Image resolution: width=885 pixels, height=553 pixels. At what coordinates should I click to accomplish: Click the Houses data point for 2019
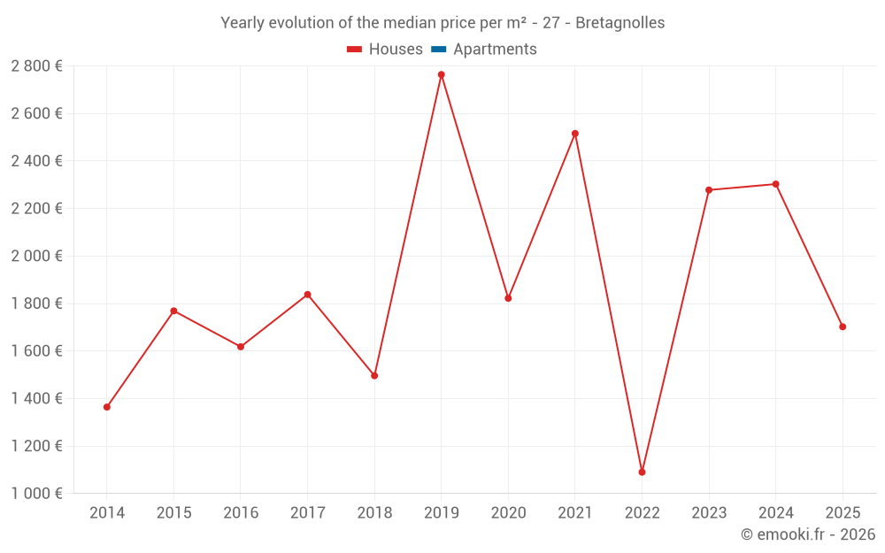(441, 74)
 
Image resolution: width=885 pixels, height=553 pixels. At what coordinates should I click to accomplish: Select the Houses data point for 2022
(642, 472)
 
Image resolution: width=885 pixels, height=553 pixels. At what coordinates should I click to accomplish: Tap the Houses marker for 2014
(107, 407)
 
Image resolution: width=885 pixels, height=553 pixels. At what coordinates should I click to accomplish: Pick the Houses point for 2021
(575, 134)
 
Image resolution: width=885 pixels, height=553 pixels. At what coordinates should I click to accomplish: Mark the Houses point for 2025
(843, 326)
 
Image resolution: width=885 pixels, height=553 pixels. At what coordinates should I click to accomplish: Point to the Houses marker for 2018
(374, 375)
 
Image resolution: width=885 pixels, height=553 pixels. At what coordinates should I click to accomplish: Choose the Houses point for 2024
(775, 184)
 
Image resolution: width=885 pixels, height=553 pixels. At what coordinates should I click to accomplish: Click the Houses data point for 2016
(241, 347)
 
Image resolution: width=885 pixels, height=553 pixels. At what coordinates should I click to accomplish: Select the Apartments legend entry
(495, 50)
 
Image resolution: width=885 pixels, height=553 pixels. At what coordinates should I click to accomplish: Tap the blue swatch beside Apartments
(438, 50)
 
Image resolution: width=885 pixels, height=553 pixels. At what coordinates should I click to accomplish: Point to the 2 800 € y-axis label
(36, 65)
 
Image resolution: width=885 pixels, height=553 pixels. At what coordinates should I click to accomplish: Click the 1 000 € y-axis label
(36, 493)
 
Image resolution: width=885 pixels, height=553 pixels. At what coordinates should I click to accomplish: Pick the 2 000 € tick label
(36, 256)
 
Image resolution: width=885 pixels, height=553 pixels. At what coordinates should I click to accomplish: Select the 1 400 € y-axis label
(36, 398)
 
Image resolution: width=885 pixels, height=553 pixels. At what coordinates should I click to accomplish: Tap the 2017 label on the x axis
(307, 513)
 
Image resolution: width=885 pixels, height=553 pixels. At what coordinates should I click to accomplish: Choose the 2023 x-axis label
(709, 513)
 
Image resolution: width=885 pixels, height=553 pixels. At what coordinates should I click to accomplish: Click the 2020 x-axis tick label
(508, 513)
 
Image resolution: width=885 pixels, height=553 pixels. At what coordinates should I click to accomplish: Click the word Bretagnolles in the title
(619, 23)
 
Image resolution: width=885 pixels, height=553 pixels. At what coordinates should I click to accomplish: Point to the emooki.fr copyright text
(808, 534)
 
